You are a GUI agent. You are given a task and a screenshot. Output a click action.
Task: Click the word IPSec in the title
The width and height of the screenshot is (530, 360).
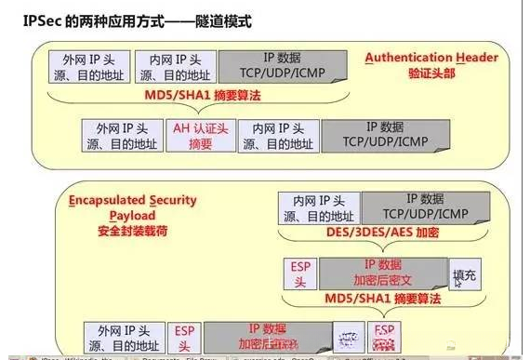(32, 19)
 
